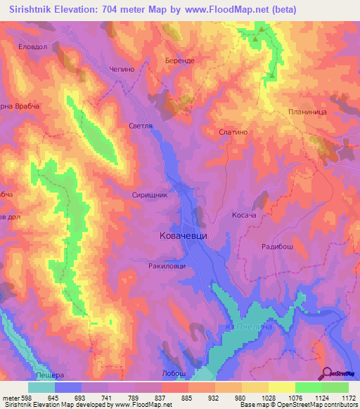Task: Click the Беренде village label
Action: pos(180,61)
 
